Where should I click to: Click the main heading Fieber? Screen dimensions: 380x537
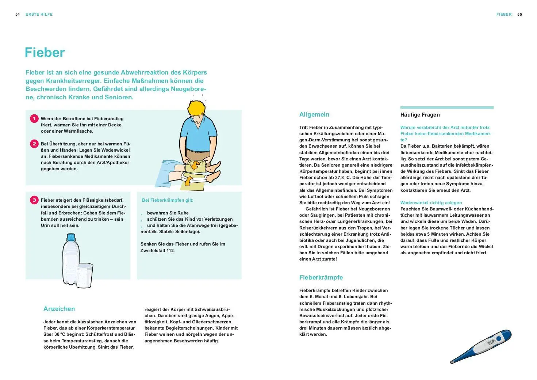pyautogui.click(x=45, y=53)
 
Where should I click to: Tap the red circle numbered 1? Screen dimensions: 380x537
pyautogui.click(x=34, y=118)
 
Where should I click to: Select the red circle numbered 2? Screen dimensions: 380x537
pyautogui.click(x=34, y=144)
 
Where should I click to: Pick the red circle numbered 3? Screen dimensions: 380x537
pyautogui.click(x=34, y=200)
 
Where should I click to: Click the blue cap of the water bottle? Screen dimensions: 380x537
pyautogui.click(x=71, y=237)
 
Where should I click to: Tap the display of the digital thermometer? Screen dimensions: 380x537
pyautogui.click(x=491, y=343)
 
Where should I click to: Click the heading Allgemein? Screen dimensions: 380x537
pyautogui.click(x=314, y=114)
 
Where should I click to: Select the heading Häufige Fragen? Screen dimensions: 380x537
pyautogui.click(x=420, y=115)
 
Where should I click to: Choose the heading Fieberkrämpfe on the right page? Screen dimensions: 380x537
pyautogui.click(x=321, y=277)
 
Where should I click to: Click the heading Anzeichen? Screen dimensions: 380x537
pyautogui.click(x=59, y=309)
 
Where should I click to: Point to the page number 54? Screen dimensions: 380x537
pyautogui.click(x=18, y=14)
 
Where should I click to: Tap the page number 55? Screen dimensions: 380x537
pyautogui.click(x=519, y=14)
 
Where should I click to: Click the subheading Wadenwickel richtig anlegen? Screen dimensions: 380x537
pyautogui.click(x=431, y=203)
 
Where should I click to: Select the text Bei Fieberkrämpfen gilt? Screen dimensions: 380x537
pyautogui.click(x=168, y=200)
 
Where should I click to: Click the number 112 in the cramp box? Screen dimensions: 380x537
pyautogui.click(x=170, y=251)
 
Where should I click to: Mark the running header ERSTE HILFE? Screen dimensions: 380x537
pyautogui.click(x=39, y=14)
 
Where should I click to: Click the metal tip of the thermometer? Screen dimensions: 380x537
pyautogui.click(x=452, y=362)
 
